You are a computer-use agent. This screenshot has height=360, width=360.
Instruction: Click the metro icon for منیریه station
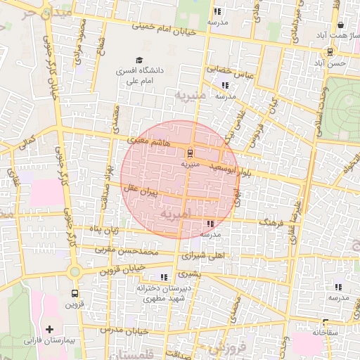click(190, 152)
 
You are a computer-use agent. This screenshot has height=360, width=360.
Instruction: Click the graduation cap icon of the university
click(139, 60)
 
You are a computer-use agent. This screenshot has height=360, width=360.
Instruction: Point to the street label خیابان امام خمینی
click(165, 29)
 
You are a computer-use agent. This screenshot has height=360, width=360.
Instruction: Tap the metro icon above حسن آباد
click(330, 51)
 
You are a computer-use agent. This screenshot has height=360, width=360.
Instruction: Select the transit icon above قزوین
click(75, 294)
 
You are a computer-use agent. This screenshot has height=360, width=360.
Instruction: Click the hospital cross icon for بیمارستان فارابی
click(49, 328)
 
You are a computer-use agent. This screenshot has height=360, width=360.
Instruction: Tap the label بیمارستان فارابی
click(49, 340)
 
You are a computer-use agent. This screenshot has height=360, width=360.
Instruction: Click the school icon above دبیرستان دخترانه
click(164, 277)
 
